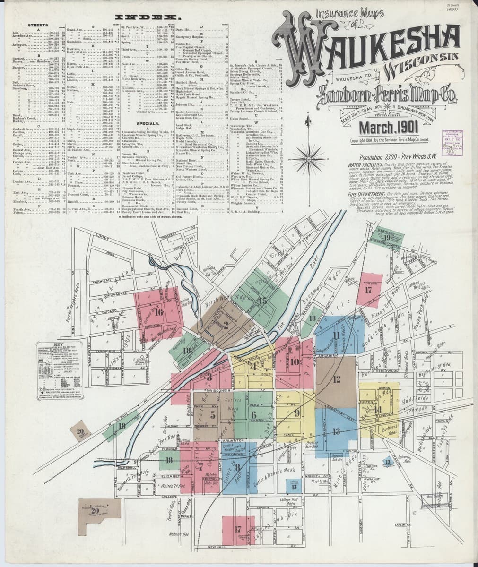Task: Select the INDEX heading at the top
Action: click(x=149, y=17)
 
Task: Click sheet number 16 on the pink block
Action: click(x=158, y=311)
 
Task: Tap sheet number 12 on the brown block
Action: click(x=337, y=378)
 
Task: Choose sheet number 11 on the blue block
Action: click(x=336, y=335)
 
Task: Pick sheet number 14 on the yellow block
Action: click(x=377, y=409)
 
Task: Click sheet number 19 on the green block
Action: click(x=387, y=238)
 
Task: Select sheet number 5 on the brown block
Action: click(x=213, y=415)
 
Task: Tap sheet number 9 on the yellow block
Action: click(x=297, y=413)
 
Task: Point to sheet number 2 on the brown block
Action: click(x=225, y=325)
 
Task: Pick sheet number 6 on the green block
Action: click(x=254, y=414)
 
